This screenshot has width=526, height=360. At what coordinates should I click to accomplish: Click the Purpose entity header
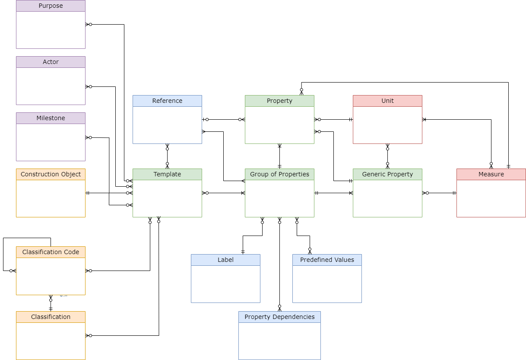[51, 6]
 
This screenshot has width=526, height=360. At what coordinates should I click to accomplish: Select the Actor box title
[51, 62]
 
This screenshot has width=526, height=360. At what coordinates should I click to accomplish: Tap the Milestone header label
[51, 118]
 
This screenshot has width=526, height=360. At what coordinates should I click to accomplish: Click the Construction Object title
[51, 175]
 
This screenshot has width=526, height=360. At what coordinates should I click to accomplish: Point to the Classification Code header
[51, 252]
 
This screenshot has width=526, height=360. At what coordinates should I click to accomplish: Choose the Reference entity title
[167, 101]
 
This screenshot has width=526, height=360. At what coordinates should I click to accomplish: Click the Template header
[167, 175]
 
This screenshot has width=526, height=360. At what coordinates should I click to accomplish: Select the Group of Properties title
[279, 175]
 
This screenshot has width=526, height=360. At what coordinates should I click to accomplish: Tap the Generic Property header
[387, 175]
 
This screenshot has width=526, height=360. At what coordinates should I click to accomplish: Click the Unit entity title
[387, 101]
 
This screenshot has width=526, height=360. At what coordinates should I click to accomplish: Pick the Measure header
[491, 175]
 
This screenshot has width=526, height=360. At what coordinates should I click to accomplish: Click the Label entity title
[225, 260]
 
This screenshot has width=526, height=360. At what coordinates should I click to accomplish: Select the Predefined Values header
[327, 260]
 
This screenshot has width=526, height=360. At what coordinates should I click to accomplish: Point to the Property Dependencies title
[279, 317]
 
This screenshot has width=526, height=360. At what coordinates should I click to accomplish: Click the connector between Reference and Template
[167, 156]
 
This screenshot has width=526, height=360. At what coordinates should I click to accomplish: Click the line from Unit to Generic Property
[387, 156]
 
